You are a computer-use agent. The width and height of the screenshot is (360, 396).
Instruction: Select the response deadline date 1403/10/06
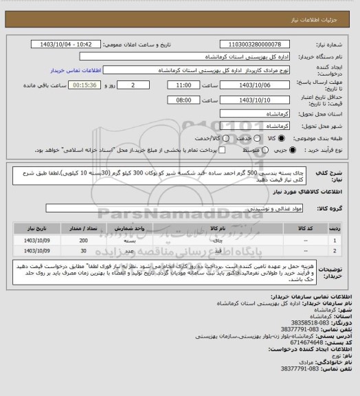pyautogui.click(x=254, y=85)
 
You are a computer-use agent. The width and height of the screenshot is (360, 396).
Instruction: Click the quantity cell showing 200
pyautogui.click(x=83, y=240)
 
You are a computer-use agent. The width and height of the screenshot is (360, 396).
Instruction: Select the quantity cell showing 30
pyautogui.click(x=83, y=251)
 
